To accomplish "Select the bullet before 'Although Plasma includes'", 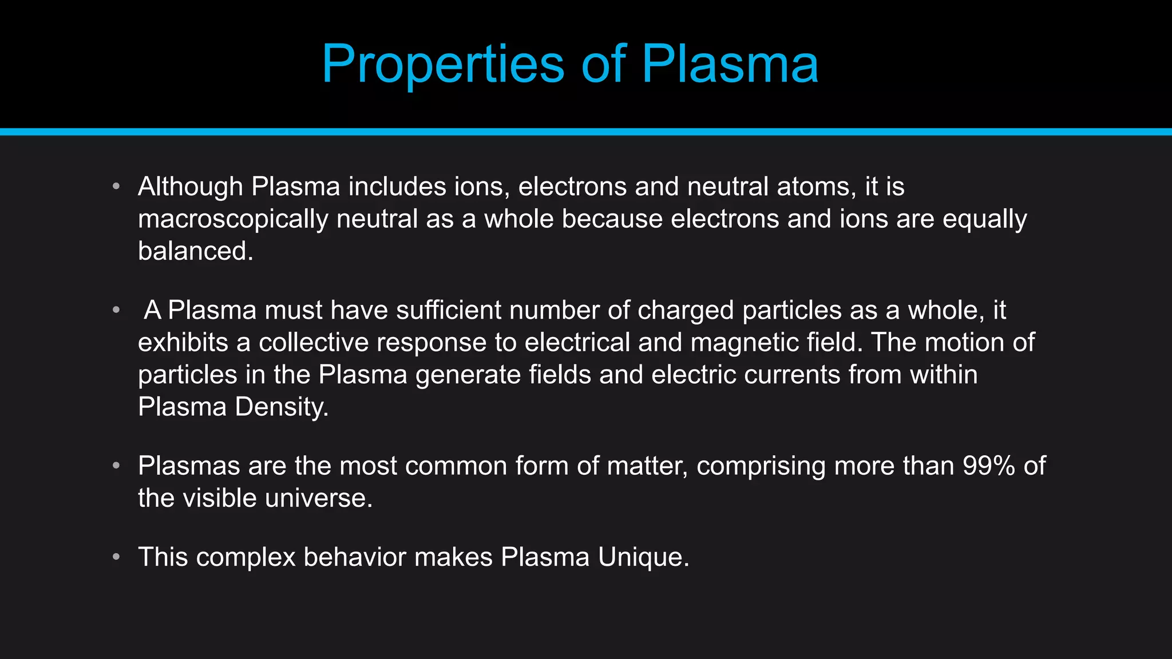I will pos(116,186).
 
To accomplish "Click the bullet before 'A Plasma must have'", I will pos(116,310).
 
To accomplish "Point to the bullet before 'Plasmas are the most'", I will pos(116,466).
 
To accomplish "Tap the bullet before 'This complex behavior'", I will pos(116,557).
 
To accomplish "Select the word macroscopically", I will pos(233,220).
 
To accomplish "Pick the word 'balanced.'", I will pos(195,251).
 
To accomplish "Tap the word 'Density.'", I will pos(282,407).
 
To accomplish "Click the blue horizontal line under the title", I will pos(586,132).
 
